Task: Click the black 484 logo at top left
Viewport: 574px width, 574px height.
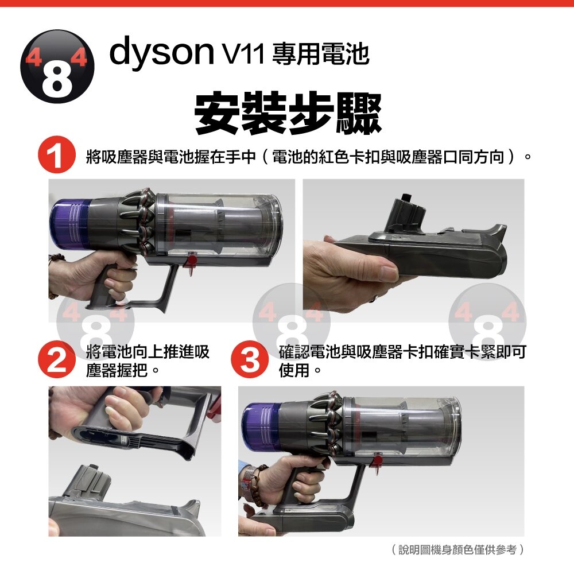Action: [x=57, y=67]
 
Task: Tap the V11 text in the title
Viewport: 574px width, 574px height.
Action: [x=242, y=55]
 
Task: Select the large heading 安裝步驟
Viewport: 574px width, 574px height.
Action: [x=288, y=113]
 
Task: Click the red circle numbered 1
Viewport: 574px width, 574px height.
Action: [x=56, y=154]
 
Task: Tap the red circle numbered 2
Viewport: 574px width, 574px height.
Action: [x=56, y=359]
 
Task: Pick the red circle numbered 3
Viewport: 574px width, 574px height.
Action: [x=250, y=359]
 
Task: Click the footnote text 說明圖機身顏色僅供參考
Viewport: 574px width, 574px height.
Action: [x=457, y=549]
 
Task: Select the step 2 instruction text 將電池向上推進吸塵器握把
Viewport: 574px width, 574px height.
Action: [x=148, y=360]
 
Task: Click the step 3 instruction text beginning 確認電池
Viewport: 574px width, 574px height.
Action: [x=402, y=360]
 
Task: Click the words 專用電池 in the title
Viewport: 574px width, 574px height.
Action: [x=321, y=54]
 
